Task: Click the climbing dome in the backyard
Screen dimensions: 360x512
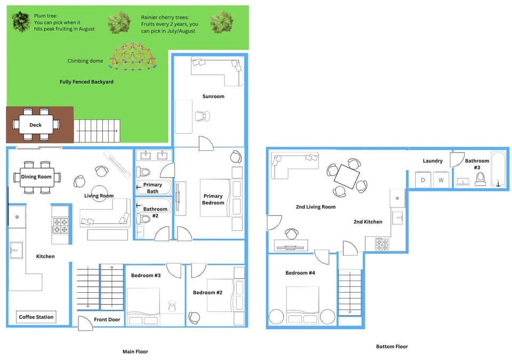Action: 133,57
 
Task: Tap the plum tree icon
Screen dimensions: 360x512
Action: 20,22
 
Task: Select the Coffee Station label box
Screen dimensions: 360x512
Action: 36,317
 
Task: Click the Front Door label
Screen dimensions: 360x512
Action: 107,320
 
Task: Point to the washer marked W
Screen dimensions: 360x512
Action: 441,180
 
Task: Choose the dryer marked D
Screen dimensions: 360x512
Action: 423,180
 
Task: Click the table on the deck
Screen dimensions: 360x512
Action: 36,125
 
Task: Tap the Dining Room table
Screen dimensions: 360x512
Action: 36,177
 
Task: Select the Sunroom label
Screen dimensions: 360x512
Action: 213,97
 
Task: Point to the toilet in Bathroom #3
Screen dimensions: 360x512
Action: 480,179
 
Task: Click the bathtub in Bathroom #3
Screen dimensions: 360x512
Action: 498,170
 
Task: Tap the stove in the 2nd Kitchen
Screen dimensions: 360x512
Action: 382,244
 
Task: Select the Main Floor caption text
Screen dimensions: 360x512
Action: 135,351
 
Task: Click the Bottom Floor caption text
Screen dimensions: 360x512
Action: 391,346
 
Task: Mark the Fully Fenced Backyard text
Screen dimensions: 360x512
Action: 86,82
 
